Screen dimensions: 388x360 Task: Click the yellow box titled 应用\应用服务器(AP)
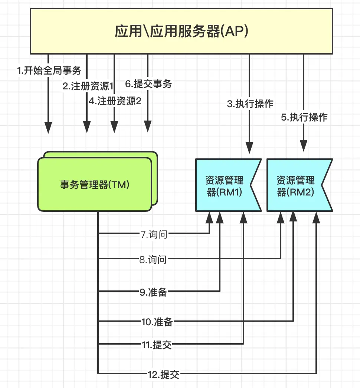181,31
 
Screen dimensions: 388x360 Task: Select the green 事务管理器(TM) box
95,184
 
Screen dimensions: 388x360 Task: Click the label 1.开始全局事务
49,70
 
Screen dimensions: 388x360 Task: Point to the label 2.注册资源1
88,86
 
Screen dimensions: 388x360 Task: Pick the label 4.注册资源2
115,101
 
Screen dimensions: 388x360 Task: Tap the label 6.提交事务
148,84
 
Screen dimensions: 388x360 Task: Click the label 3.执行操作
250,104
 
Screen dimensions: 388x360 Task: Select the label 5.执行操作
304,118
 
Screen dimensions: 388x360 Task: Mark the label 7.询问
153,234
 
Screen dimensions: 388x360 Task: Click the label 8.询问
153,260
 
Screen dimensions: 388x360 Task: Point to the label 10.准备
157,322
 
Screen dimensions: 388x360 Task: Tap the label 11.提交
157,345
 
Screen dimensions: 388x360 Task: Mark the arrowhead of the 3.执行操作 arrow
250,148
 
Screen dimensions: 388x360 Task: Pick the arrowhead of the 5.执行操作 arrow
304,145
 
